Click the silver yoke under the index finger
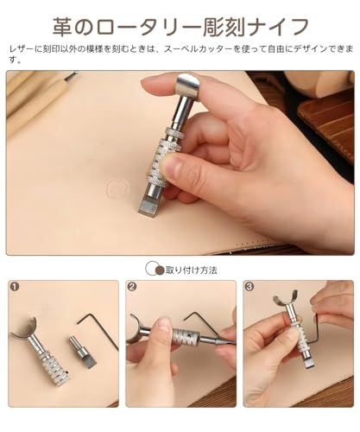coord(187,87)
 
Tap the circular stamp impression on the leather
coord(117,187)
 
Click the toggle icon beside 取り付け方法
coord(155,270)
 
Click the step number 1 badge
coord(15,287)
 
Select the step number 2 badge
coord(132,287)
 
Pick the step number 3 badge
coord(249,287)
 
